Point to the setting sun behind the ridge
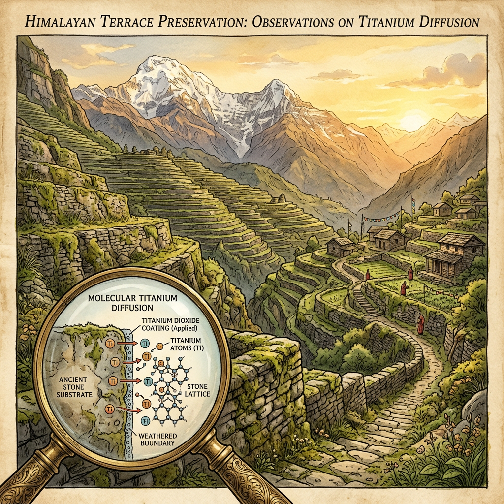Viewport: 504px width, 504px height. [x=412, y=121]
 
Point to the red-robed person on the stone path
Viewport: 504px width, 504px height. [x=420, y=324]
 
